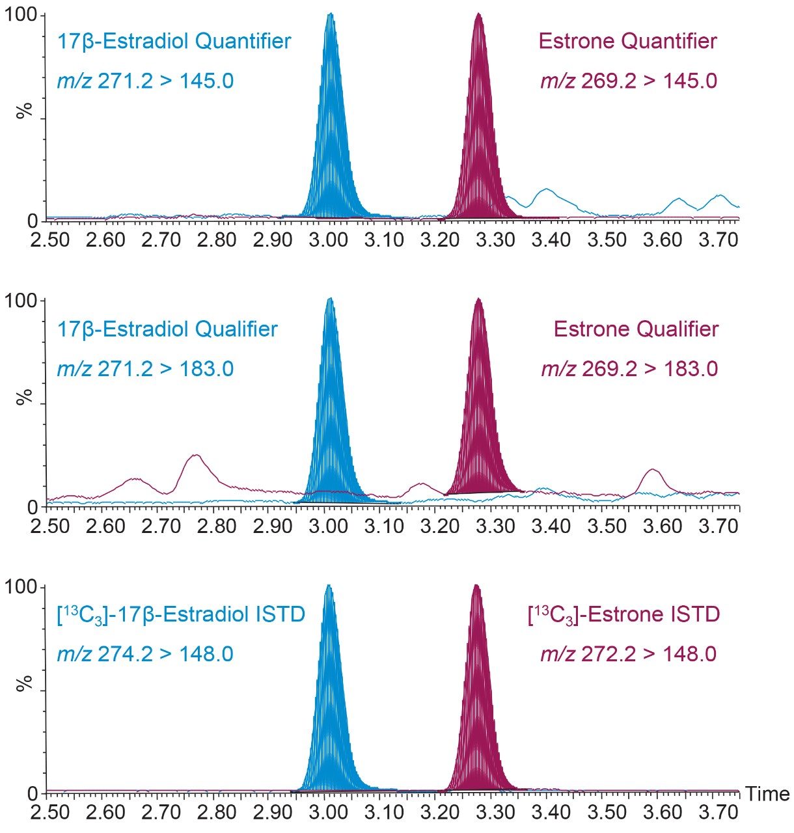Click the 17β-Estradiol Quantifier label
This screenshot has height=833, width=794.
coord(174,42)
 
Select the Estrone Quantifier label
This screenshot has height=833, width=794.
coord(627,42)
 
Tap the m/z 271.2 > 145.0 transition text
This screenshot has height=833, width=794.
coord(145,81)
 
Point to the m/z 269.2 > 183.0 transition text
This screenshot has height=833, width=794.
coord(629,369)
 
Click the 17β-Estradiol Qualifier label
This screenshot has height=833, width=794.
coord(167,329)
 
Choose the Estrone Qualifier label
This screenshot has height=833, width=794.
coord(636,329)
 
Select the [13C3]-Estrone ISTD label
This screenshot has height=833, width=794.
coord(623,614)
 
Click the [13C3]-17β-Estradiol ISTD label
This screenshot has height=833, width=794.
coord(181,614)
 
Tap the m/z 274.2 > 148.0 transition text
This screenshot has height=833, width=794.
coord(145,654)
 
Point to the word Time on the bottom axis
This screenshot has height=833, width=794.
coord(767,794)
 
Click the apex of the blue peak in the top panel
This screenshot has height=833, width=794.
coord(331,14)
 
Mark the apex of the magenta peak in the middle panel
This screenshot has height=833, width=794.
coord(478,299)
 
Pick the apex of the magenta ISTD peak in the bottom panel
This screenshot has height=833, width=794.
coord(476,585)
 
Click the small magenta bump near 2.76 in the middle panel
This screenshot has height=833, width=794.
coord(195,456)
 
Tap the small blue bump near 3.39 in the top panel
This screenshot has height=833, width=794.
coord(546,189)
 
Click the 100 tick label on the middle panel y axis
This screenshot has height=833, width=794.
coord(22,301)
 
